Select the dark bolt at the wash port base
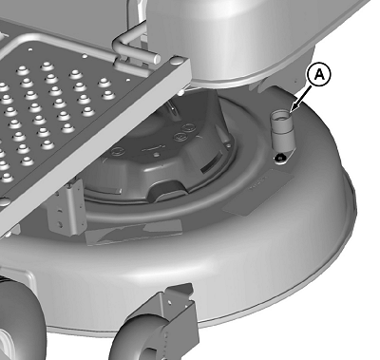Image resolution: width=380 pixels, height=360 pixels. tap(279, 158)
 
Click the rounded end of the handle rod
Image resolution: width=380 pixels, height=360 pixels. tap(157, 57)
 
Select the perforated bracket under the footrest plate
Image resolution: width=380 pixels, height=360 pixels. tap(66, 207)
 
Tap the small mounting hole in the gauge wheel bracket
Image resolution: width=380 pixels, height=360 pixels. tap(170, 303)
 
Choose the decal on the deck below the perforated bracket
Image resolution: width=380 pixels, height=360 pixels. tap(133, 232)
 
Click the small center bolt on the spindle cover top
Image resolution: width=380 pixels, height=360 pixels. tap(156, 155)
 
